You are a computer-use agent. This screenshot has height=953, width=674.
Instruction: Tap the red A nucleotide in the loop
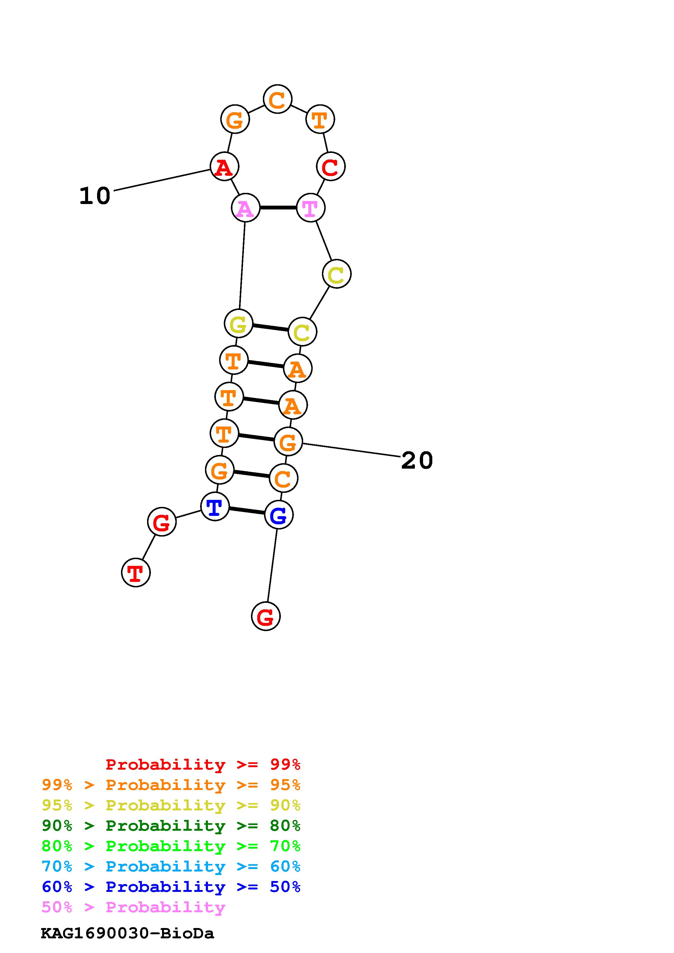224,167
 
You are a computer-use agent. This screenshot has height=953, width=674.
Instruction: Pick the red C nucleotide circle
331,167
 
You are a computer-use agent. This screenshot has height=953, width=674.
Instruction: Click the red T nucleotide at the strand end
136,573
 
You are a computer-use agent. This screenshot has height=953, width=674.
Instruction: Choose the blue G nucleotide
279,515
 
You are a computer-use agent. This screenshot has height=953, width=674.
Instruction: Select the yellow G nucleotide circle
238,323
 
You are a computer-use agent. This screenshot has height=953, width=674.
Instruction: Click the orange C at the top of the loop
277,99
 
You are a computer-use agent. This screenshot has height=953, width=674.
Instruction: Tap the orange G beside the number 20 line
288,442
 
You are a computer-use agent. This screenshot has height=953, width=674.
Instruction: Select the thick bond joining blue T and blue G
247,510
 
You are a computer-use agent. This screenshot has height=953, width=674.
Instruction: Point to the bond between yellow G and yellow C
270,327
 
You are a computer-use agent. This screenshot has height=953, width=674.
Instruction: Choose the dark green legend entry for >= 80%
171,826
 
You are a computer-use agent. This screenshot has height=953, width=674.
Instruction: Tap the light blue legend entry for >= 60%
171,867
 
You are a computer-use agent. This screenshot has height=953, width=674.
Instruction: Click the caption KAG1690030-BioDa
128,933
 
